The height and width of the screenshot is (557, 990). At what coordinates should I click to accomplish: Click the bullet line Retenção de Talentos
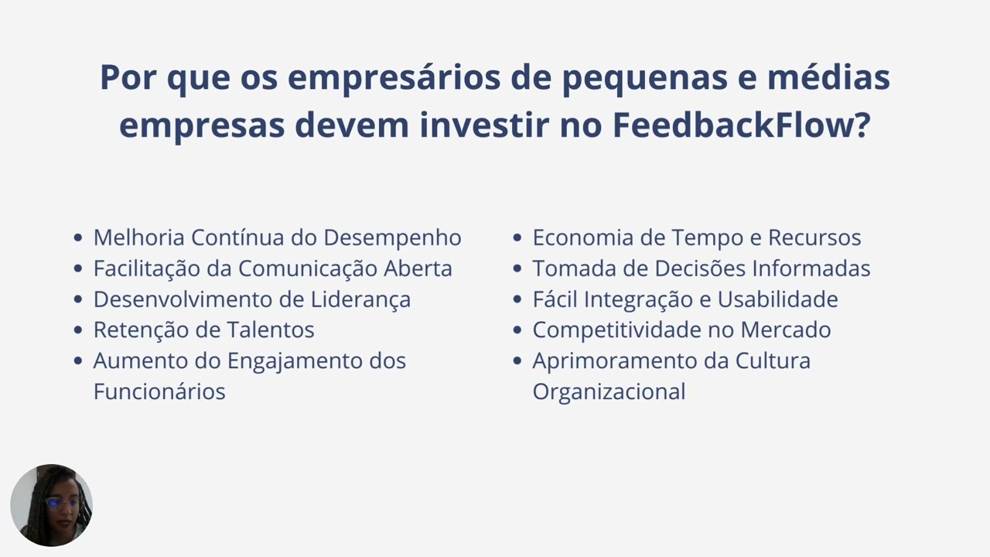pos(203,330)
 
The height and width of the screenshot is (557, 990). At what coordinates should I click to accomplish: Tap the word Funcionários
pos(159,391)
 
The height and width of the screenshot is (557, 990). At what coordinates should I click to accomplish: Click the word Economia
pos(582,237)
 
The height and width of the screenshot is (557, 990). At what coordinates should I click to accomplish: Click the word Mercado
pos(786,330)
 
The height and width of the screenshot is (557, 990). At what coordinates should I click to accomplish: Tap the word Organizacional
pos(609,391)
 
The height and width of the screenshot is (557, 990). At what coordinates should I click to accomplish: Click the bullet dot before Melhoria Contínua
pos(77,238)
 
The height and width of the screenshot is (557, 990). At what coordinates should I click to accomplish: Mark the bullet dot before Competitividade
pos(517,330)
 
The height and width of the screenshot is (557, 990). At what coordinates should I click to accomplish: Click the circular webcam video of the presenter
pos(51,505)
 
